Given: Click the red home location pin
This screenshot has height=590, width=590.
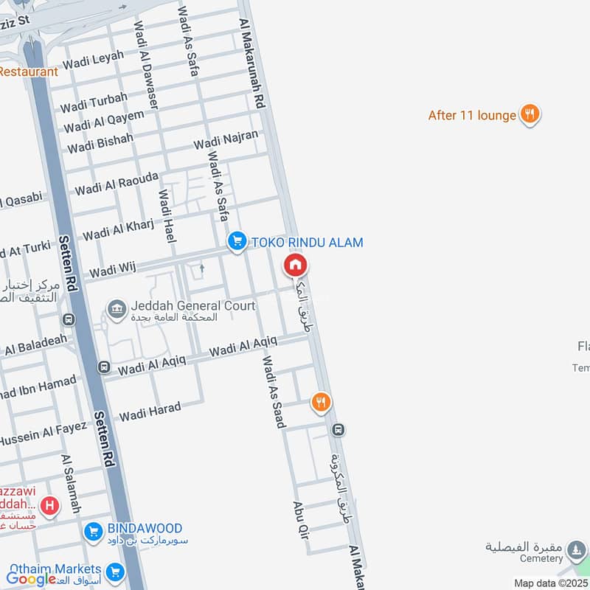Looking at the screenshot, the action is click(x=296, y=265).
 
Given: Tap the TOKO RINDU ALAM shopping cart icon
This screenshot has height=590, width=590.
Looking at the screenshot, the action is click(x=237, y=242).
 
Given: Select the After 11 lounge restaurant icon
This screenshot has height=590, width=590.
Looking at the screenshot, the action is click(x=529, y=114).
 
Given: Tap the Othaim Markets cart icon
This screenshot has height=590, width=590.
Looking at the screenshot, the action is click(x=114, y=572).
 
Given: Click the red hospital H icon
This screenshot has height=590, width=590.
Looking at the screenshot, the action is click(x=50, y=505).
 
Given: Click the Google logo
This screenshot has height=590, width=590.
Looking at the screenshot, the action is click(x=31, y=579).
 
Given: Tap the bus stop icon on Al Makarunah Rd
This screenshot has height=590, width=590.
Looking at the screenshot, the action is click(x=338, y=429).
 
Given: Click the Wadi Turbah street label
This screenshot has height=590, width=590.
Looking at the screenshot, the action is click(x=94, y=103).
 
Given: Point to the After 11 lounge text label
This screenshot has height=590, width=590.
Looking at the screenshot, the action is click(x=472, y=115).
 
